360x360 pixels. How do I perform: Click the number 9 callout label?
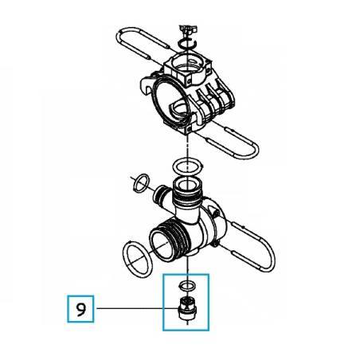click(80, 309)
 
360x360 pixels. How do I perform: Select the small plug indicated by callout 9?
click(188, 308)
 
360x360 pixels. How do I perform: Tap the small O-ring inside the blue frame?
click(187, 286)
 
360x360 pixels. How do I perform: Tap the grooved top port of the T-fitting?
click(188, 191)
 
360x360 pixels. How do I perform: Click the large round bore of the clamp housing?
click(170, 101)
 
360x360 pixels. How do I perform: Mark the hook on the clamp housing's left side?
click(147, 86)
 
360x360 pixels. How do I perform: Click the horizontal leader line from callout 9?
click(137, 308)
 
